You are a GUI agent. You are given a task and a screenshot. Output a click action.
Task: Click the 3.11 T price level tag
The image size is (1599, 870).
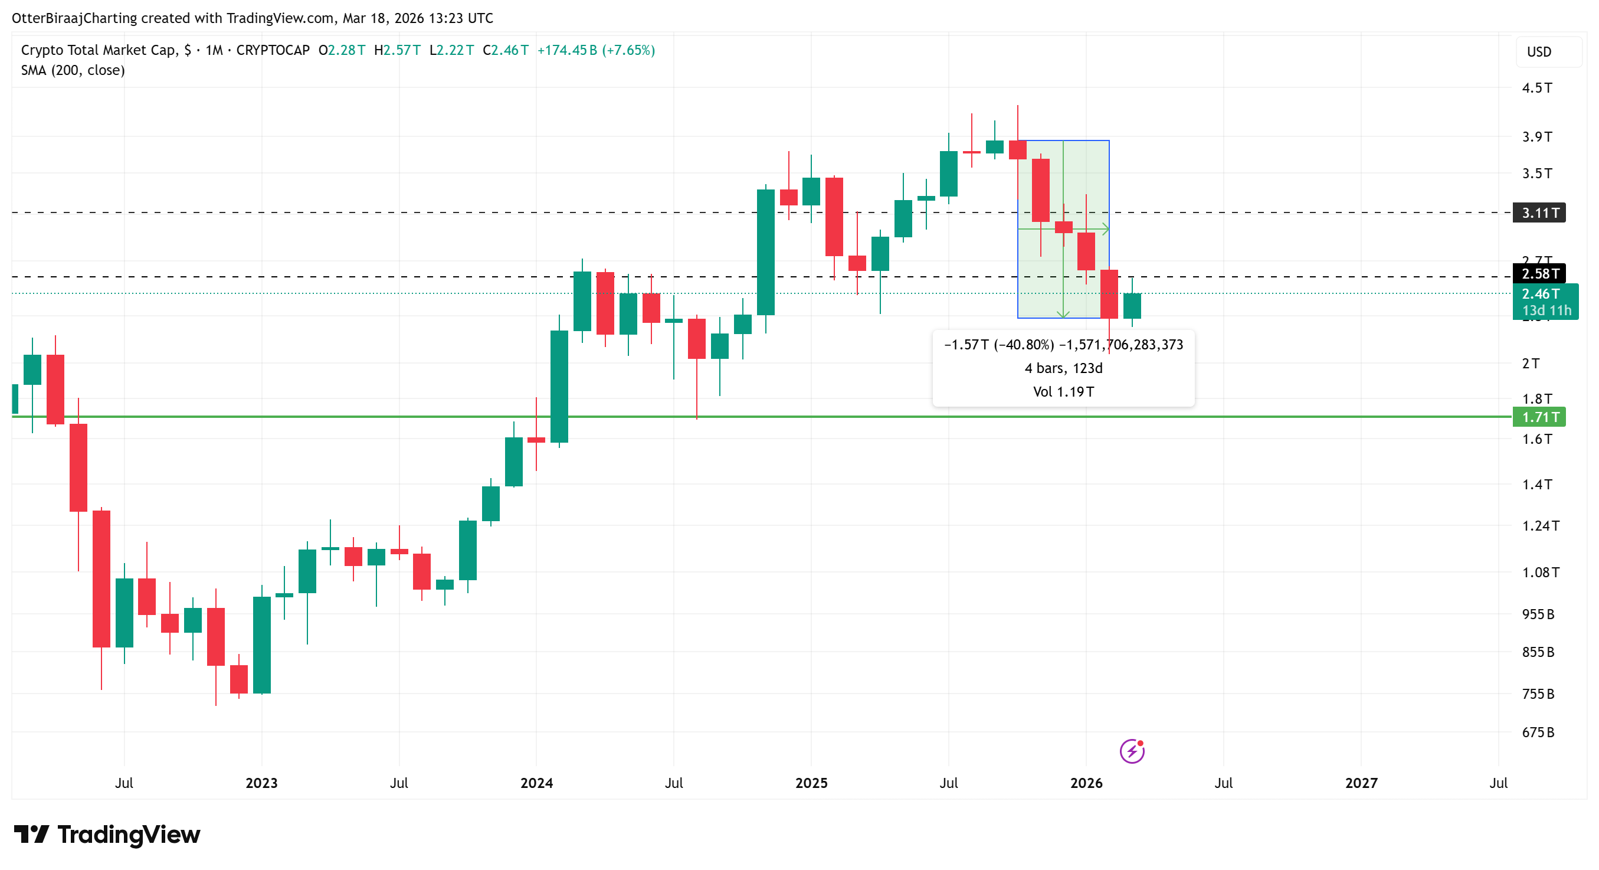(1539, 213)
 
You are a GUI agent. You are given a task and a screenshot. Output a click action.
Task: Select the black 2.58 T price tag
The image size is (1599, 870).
(1539, 273)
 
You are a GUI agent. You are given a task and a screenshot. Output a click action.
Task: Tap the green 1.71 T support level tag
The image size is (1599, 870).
(1539, 417)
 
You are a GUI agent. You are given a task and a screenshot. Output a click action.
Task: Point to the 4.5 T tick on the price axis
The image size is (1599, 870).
(1536, 88)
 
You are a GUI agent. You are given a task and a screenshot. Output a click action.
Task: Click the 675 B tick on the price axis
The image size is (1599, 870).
(1538, 732)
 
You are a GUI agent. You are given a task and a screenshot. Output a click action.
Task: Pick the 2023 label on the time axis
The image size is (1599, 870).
(261, 783)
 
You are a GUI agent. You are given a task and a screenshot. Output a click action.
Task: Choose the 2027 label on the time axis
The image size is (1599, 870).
(1361, 783)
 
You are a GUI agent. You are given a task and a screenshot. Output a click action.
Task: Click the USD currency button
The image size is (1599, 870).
(1539, 51)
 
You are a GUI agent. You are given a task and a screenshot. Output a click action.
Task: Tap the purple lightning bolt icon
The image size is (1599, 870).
(1132, 751)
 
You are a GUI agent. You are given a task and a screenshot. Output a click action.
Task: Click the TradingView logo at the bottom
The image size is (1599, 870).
(107, 835)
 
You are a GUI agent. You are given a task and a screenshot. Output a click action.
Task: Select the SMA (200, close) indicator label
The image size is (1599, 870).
(73, 70)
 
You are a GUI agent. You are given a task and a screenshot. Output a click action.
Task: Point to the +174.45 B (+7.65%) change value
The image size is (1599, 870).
(596, 50)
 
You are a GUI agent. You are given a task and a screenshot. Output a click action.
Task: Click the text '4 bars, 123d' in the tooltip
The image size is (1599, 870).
(1063, 368)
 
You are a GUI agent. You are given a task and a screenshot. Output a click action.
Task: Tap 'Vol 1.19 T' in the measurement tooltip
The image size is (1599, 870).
(1063, 392)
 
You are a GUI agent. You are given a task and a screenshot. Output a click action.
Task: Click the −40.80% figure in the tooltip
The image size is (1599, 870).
(1024, 345)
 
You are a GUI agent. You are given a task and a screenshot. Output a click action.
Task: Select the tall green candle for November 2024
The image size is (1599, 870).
(765, 251)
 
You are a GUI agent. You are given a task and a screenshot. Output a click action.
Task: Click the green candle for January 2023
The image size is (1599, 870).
(261, 645)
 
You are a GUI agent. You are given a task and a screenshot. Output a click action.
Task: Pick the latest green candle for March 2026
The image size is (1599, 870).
(1132, 306)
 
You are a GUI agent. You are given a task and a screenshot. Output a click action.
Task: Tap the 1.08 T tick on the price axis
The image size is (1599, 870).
(1539, 572)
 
